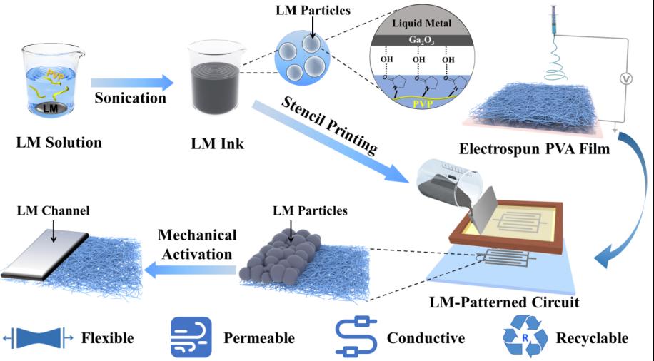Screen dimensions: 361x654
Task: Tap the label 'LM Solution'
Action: coord(59,142)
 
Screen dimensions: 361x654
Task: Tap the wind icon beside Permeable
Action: coord(191,337)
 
